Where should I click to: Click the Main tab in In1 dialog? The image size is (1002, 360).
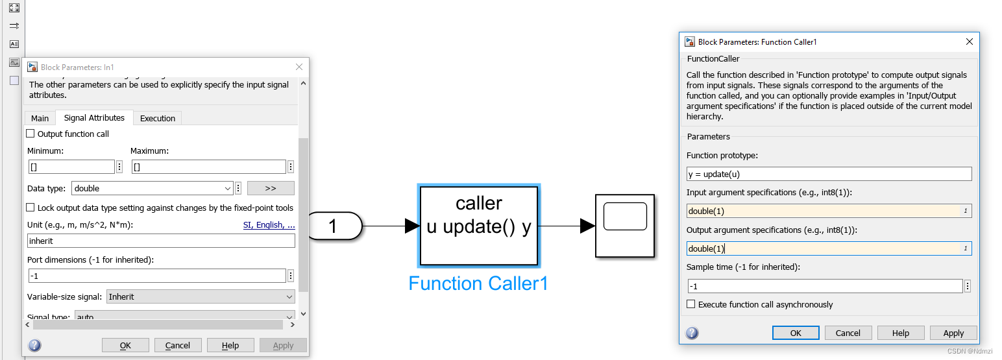[40, 118]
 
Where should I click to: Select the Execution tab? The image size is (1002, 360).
[158, 118]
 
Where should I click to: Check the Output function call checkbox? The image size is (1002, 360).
[31, 134]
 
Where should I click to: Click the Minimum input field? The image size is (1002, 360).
[71, 167]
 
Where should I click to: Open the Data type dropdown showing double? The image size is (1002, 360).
[153, 188]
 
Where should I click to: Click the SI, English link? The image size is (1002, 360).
[269, 225]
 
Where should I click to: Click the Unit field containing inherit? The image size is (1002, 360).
[161, 241]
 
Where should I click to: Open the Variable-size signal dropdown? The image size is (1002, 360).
[201, 296]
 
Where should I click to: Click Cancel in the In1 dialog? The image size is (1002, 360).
[177, 345]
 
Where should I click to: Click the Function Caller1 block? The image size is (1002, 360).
[479, 226]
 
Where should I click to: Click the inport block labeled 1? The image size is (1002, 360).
[334, 226]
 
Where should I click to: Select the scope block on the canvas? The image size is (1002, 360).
[624, 225]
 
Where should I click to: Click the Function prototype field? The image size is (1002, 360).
[829, 174]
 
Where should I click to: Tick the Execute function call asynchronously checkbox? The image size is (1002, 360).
[691, 304]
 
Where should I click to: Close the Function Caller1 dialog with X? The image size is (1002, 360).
[970, 42]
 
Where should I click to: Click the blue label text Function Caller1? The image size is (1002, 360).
[478, 283]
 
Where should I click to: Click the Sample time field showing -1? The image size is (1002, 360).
[825, 286]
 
